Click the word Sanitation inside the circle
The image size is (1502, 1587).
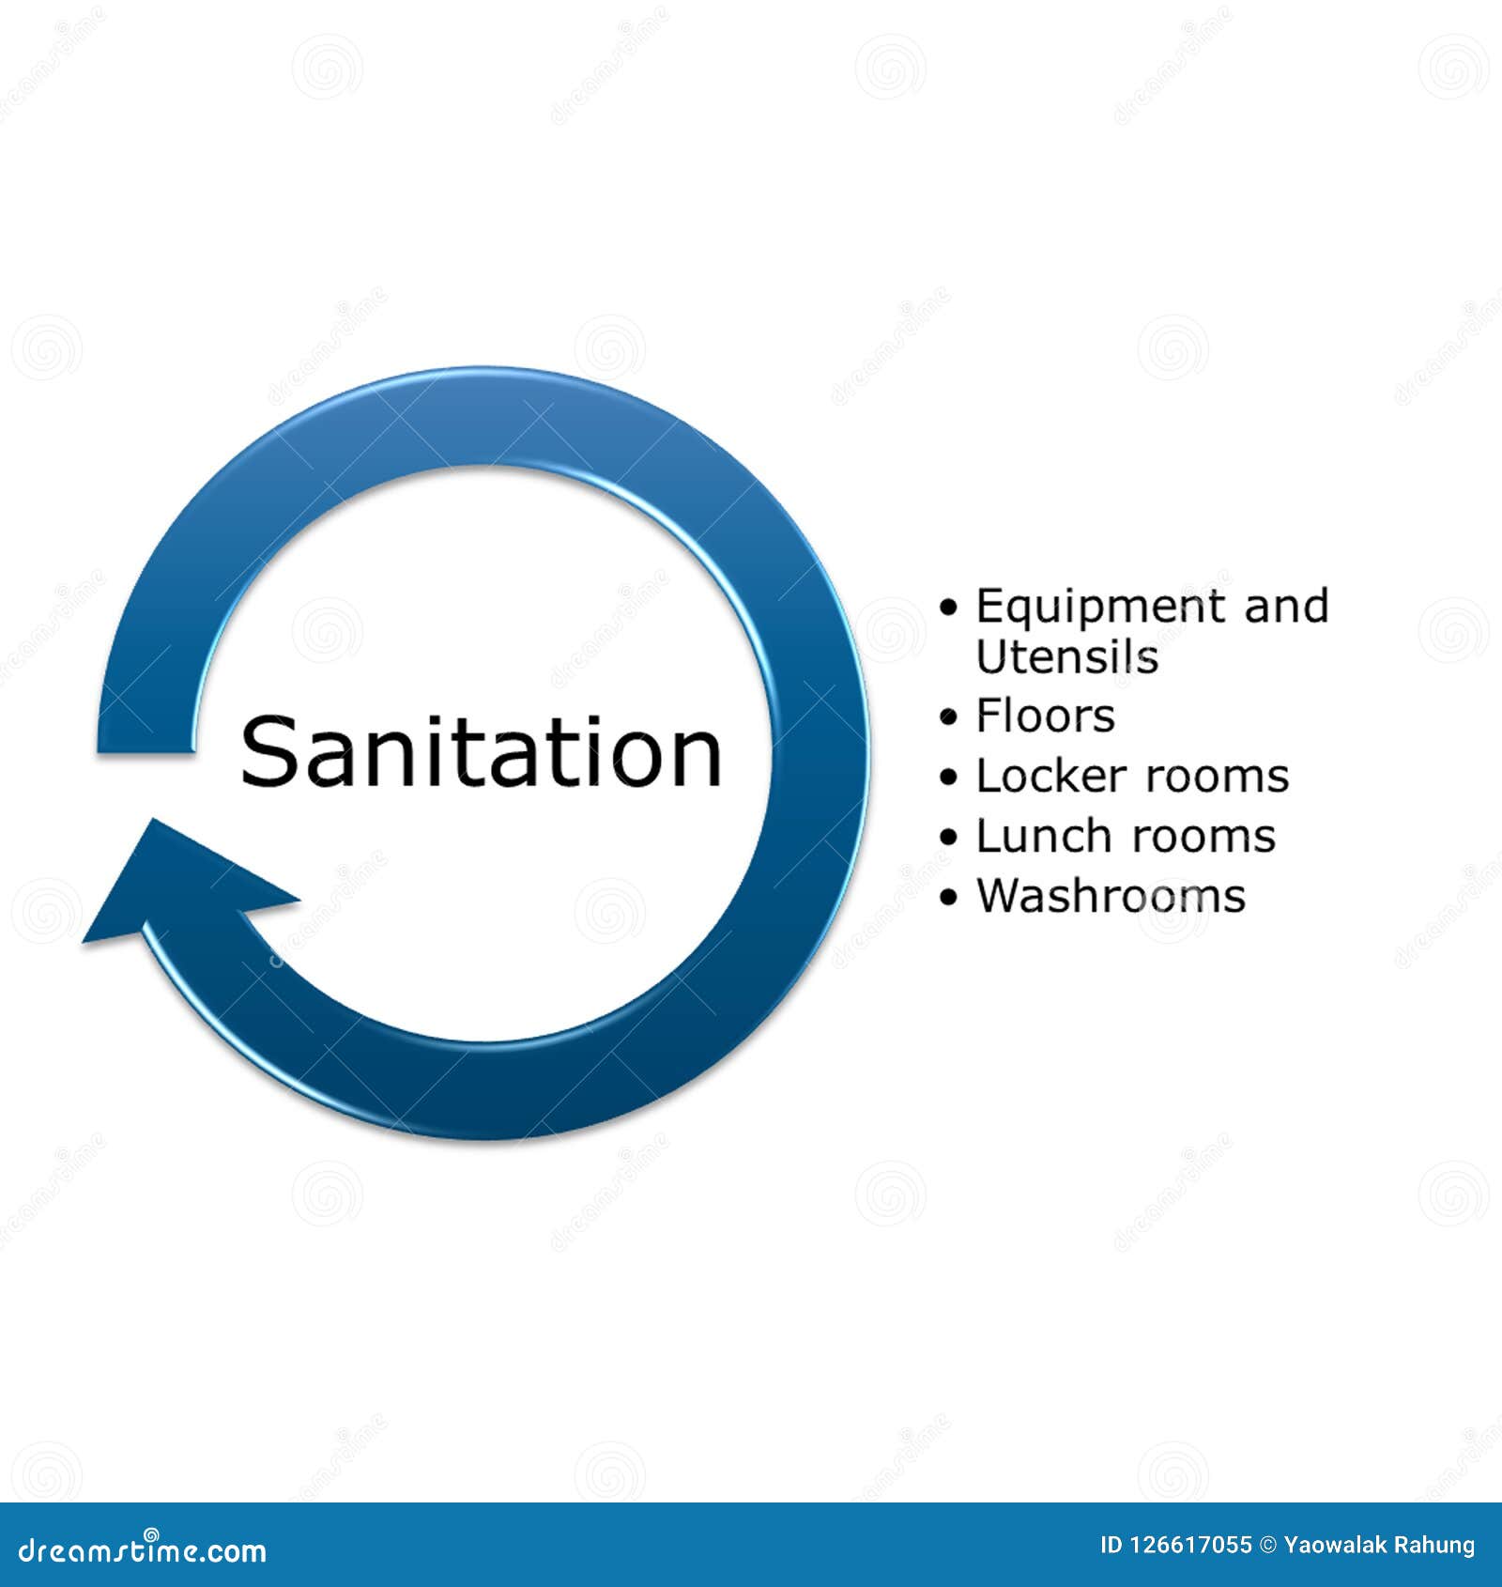point(481,752)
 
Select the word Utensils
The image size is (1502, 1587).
point(1067,656)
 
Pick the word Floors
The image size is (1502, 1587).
point(1046,716)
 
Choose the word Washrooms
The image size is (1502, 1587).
point(1111,896)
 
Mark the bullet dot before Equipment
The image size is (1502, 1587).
point(949,609)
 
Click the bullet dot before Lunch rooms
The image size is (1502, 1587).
point(949,838)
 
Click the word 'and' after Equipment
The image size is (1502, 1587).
point(1286,607)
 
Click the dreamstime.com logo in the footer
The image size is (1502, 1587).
point(143,1550)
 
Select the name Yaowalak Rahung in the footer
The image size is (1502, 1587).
point(1379,1545)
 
